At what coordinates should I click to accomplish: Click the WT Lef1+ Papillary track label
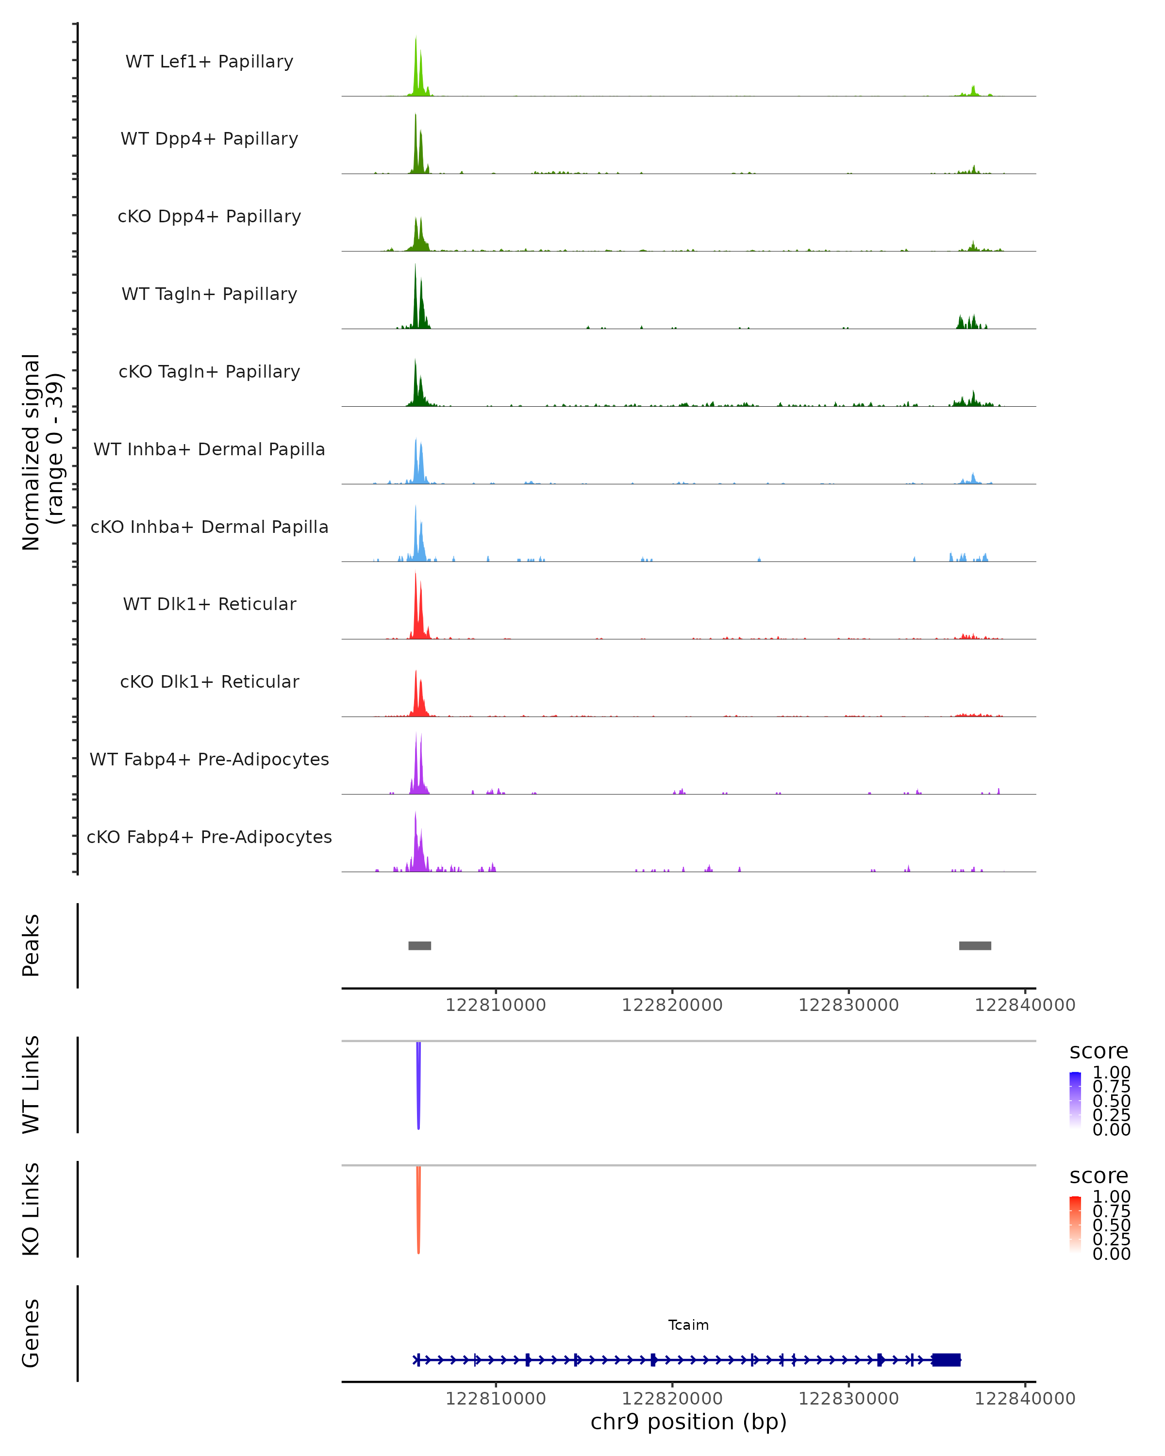pos(209,62)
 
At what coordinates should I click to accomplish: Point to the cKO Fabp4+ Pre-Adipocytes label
pos(209,837)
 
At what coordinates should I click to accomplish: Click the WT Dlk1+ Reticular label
pos(209,604)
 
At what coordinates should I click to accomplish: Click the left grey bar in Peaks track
pos(419,945)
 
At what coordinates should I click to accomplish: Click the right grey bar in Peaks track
pos(975,945)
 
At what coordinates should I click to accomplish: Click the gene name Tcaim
pos(688,1325)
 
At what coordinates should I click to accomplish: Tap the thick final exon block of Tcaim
pos(946,1360)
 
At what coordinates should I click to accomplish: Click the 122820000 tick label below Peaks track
pos(672,1005)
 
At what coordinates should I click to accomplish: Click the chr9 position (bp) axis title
pos(688,1422)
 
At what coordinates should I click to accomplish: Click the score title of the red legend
pos(1098,1176)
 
